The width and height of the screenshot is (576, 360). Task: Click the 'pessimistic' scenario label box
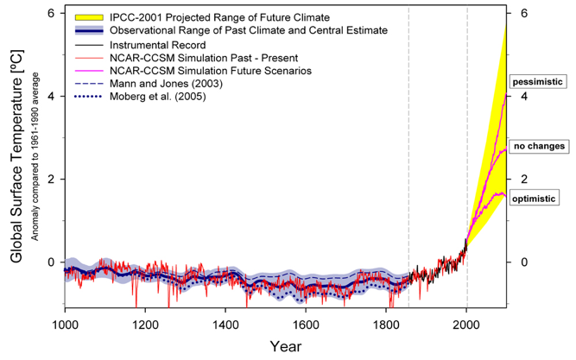[x=538, y=81]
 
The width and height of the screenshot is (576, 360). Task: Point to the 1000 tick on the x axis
[x=65, y=325]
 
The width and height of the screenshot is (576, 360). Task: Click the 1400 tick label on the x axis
[x=225, y=325]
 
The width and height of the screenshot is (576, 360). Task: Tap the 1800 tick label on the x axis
[x=386, y=325]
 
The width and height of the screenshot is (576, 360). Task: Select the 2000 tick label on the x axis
[x=466, y=325]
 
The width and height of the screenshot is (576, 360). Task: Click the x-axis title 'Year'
[x=285, y=346]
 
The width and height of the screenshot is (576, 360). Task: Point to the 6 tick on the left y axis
[x=51, y=14]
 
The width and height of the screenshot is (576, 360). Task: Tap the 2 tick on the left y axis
[x=51, y=180]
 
